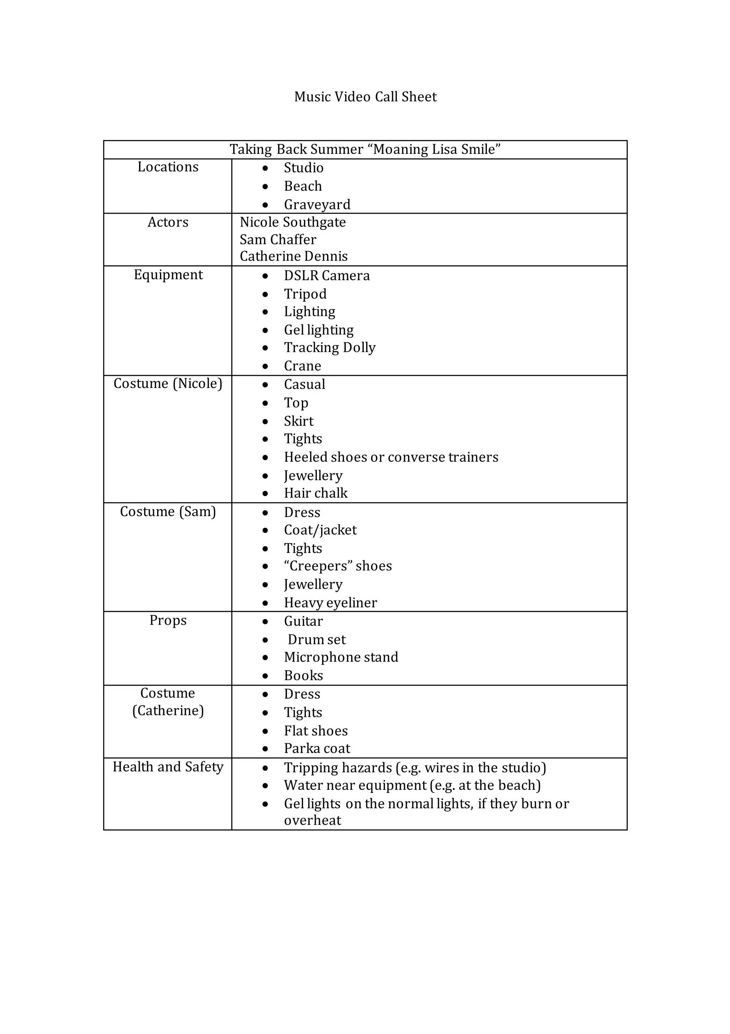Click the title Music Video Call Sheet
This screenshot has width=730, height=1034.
coord(365,97)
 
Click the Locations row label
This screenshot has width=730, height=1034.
coord(168,167)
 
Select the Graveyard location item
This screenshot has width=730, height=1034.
coord(317,204)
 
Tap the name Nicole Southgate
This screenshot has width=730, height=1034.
coord(293,222)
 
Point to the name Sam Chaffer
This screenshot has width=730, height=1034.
coord(278,240)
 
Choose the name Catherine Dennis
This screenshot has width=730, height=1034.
coord(294,256)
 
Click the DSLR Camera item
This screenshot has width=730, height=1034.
coord(327,276)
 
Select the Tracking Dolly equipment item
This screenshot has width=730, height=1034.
coord(330,348)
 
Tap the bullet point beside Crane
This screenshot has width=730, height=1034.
coord(265,367)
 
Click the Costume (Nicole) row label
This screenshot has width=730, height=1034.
coord(168,384)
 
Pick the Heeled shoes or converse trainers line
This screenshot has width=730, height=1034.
coord(391,457)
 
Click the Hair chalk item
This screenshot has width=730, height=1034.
coord(316,493)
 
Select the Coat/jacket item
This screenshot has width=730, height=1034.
coord(320,530)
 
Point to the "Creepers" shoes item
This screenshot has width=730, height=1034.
coord(338,566)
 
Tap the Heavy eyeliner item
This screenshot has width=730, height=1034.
coord(330,603)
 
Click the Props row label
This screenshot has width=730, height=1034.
coord(168,621)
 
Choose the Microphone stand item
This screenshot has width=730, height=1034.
coord(341,657)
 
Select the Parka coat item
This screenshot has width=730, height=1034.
coord(317,748)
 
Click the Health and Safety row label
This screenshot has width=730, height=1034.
coord(168,767)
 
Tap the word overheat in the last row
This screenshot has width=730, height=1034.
coord(313,820)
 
